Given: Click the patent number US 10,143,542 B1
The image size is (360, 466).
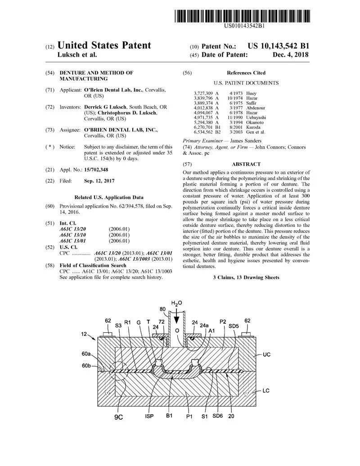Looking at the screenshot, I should (x=279, y=46).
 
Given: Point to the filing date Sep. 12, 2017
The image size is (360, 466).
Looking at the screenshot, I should (x=99, y=181).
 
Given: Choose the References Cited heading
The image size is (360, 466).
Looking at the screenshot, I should (x=246, y=72).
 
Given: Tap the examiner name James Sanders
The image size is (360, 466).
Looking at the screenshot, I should (x=249, y=140).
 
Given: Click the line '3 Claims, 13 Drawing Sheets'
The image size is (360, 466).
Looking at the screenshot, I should (x=246, y=277).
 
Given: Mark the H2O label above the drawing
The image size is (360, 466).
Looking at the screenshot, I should (x=176, y=303).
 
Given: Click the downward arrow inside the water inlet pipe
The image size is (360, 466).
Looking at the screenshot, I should (x=176, y=319).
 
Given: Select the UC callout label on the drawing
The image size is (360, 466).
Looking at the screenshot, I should (x=266, y=355).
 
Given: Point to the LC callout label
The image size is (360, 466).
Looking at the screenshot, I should (x=266, y=390).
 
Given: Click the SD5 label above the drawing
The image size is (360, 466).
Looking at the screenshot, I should (x=234, y=325).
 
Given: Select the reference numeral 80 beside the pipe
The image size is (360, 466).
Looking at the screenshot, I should (x=162, y=309).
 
